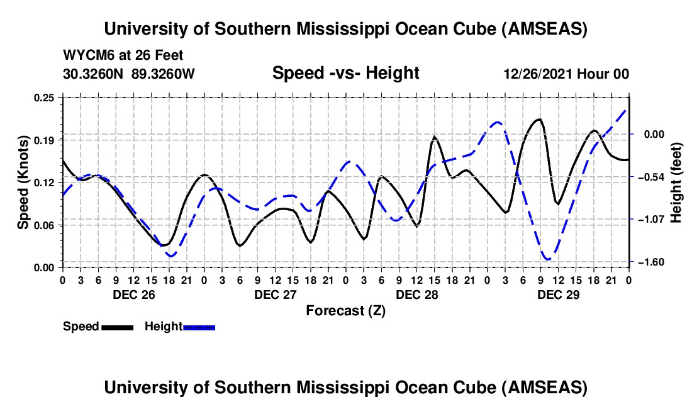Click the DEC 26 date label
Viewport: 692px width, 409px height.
coord(133,294)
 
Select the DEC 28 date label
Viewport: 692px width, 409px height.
coord(416,294)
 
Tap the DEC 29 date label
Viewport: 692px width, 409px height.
coord(559,294)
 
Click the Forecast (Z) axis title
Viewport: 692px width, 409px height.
coord(345,310)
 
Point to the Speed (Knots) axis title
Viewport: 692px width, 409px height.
coord(23,182)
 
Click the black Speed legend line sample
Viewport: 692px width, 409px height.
coord(117,327)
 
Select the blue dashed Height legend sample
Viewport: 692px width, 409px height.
coord(199,327)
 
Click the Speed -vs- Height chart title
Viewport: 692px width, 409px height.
coord(345,73)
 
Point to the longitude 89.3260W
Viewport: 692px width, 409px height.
coord(164,74)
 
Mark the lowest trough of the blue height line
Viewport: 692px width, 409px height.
coord(548,259)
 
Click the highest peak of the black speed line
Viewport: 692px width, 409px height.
coord(539,119)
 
